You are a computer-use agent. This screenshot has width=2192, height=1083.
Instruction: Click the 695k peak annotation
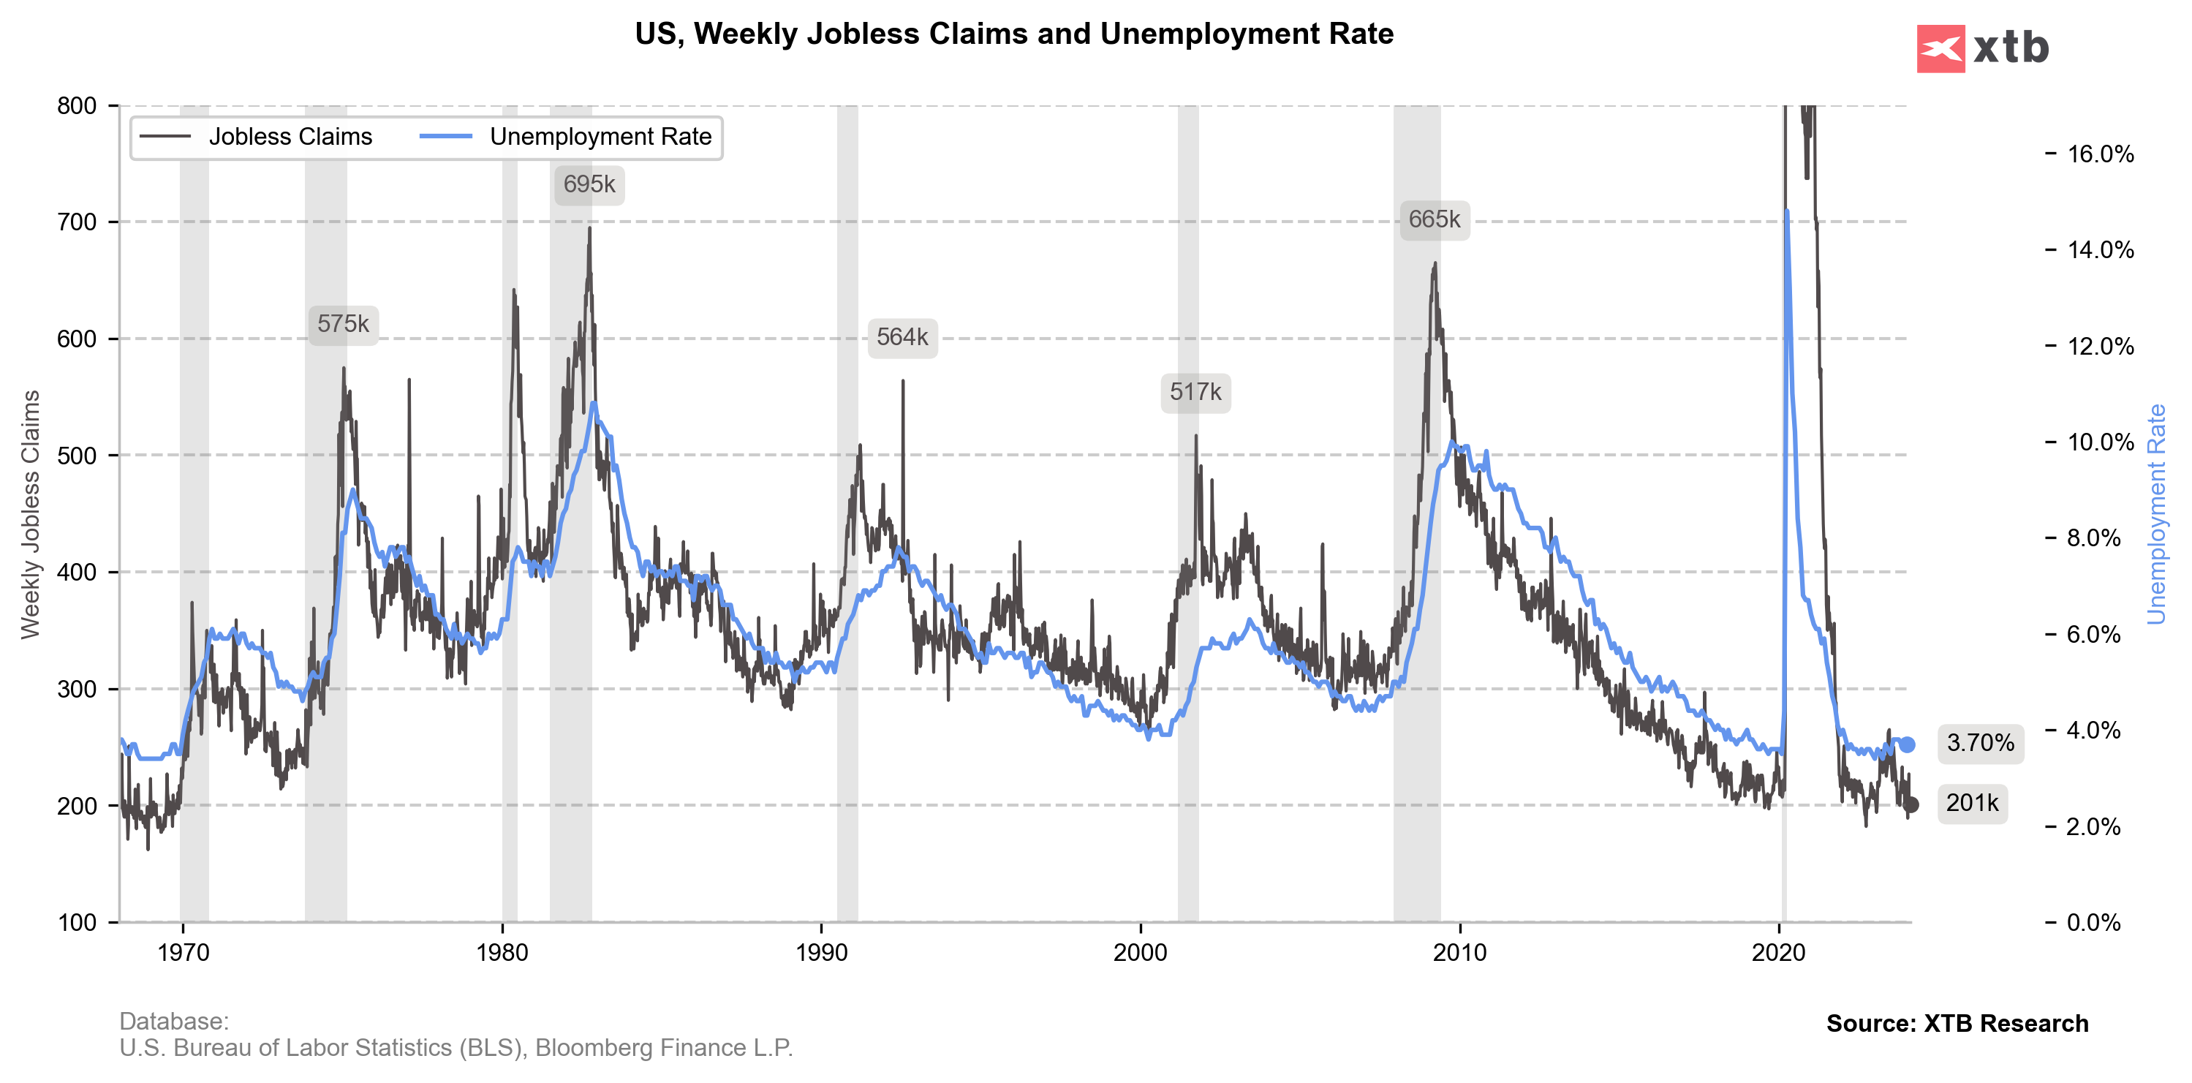tap(589, 184)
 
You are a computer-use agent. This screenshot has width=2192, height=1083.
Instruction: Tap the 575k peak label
tap(343, 324)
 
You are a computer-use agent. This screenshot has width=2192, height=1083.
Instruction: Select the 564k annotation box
tap(902, 338)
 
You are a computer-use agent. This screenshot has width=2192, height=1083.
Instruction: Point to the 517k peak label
tap(1195, 392)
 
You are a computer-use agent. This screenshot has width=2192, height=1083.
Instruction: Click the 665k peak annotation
tap(1434, 220)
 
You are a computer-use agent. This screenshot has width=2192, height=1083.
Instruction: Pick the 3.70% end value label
tap(1980, 743)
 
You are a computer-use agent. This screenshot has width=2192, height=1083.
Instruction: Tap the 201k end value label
tap(1972, 803)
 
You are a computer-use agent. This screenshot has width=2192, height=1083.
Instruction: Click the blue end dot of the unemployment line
tap(1908, 744)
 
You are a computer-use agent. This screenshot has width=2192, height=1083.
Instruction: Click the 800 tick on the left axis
tap(77, 105)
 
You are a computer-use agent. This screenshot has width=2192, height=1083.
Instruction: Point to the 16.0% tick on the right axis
tap(2100, 154)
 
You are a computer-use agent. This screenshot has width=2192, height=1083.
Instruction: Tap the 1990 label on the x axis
tap(821, 952)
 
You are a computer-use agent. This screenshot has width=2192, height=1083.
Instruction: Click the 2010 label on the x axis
tap(1459, 952)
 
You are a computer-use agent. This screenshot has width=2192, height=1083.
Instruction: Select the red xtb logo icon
tap(1940, 48)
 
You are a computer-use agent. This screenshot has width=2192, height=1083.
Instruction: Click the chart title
tap(1013, 34)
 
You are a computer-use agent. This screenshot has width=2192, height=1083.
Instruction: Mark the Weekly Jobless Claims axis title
tap(31, 514)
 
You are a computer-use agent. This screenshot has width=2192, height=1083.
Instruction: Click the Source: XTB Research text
tap(1957, 1024)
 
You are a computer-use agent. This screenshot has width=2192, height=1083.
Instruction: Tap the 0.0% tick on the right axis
tap(2093, 922)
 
